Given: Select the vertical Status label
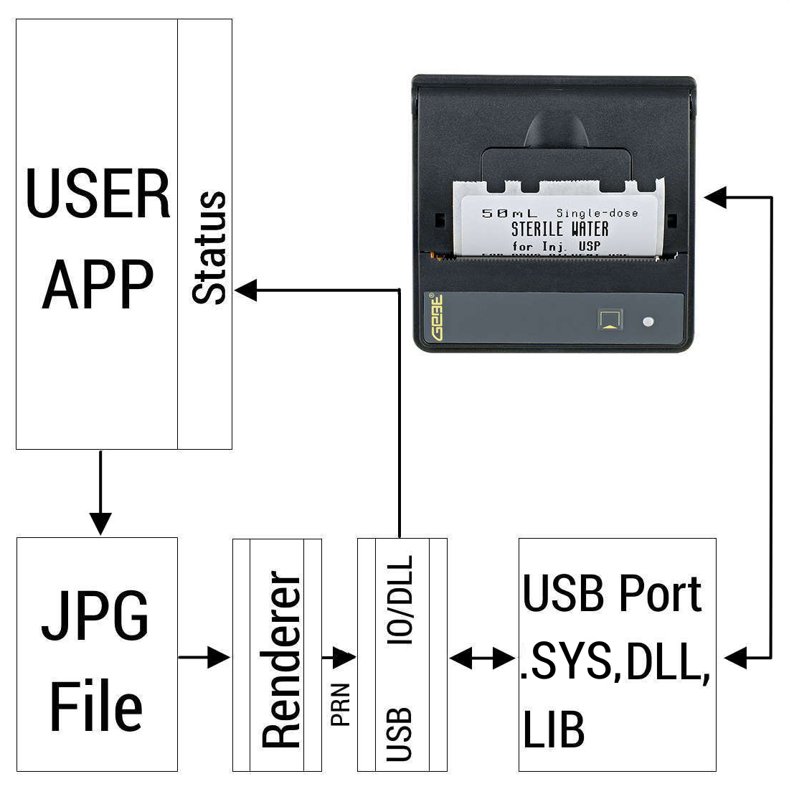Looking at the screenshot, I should click(209, 247).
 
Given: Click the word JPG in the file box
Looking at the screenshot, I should click(95, 617).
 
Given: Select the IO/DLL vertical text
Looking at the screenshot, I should click(400, 601).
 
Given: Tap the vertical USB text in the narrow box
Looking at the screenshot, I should click(400, 734).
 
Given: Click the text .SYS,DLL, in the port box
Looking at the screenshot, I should click(615, 663).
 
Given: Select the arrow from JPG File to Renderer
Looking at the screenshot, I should click(205, 656).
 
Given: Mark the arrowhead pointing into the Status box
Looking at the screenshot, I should click(246, 290).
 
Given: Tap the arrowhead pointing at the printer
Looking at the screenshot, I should click(715, 197).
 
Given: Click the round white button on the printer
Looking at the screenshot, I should click(648, 321).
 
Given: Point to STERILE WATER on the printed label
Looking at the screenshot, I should click(559, 230).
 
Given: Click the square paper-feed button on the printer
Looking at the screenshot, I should click(610, 319).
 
